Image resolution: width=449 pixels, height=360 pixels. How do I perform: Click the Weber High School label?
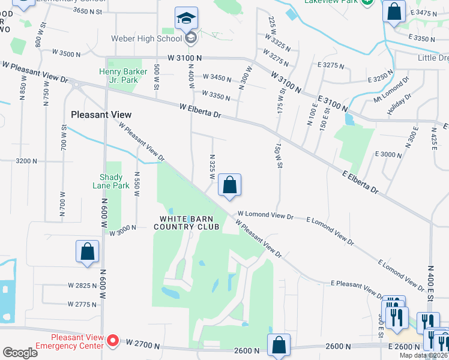(146, 39)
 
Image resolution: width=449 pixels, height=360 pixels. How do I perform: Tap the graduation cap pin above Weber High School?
(186, 18)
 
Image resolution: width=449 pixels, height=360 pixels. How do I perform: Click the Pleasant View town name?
(101, 114)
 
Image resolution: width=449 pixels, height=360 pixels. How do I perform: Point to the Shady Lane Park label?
(111, 181)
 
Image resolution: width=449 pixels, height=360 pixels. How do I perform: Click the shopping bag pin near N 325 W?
(229, 185)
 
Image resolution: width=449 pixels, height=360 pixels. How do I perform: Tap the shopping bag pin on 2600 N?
(279, 345)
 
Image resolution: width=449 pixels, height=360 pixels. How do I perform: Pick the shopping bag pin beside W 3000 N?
(87, 251)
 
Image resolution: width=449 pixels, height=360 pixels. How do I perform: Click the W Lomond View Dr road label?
(265, 214)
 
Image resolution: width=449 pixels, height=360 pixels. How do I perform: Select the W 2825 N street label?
(82, 286)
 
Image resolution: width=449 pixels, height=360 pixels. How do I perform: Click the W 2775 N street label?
(82, 305)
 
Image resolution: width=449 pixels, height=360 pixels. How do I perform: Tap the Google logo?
(20, 353)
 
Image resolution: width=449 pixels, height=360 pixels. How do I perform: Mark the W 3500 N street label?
(66, 54)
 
